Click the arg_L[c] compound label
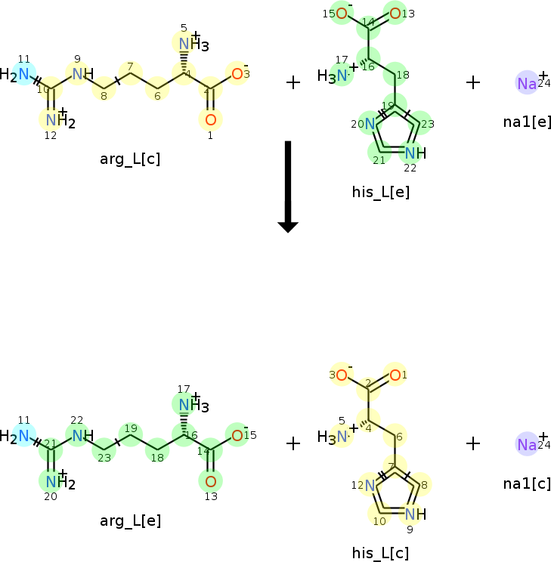tap(130, 159)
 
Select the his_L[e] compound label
tap(381, 192)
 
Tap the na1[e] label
tap(527, 121)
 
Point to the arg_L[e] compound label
tap(130, 520)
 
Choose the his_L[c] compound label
tap(381, 553)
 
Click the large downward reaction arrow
tap(288, 186)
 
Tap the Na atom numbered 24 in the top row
tap(527, 83)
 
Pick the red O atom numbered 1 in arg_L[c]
tap(210, 119)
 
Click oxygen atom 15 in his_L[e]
tap(342, 14)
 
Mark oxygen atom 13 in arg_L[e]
tap(210, 481)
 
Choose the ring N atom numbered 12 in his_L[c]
tap(370, 485)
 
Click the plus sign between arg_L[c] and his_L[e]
tap(293, 82)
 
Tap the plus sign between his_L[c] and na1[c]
tap(473, 443)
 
